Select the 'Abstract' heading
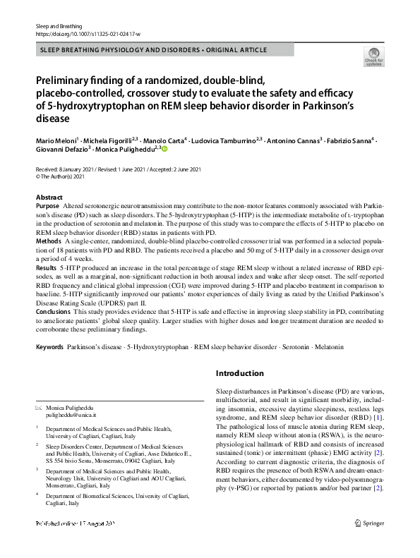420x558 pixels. (49, 198)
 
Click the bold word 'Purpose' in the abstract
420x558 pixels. (47, 205)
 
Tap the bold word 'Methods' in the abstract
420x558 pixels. (48, 241)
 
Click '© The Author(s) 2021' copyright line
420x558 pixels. (64, 178)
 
